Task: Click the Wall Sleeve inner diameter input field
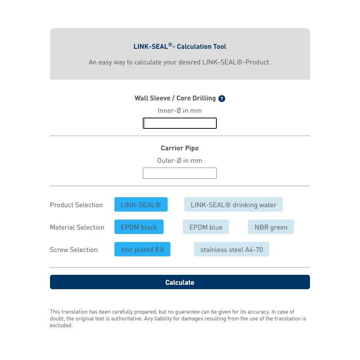tap(180, 123)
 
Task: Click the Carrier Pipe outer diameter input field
tap(180, 173)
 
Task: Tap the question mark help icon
tap(222, 98)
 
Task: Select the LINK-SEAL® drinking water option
tap(233, 205)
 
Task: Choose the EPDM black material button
tap(139, 227)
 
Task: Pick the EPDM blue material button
tap(206, 227)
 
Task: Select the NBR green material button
tap(271, 227)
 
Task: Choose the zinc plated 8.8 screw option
tap(142, 250)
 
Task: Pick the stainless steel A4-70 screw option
tap(232, 250)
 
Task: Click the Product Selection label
tap(76, 205)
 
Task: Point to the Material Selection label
tap(77, 227)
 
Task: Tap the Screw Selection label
tap(74, 250)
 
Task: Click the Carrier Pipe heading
tap(180, 148)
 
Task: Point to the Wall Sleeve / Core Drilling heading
tap(175, 98)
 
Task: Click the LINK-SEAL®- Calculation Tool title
tap(180, 46)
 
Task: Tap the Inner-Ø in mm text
tap(180, 110)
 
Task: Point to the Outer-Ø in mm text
tap(180, 160)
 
